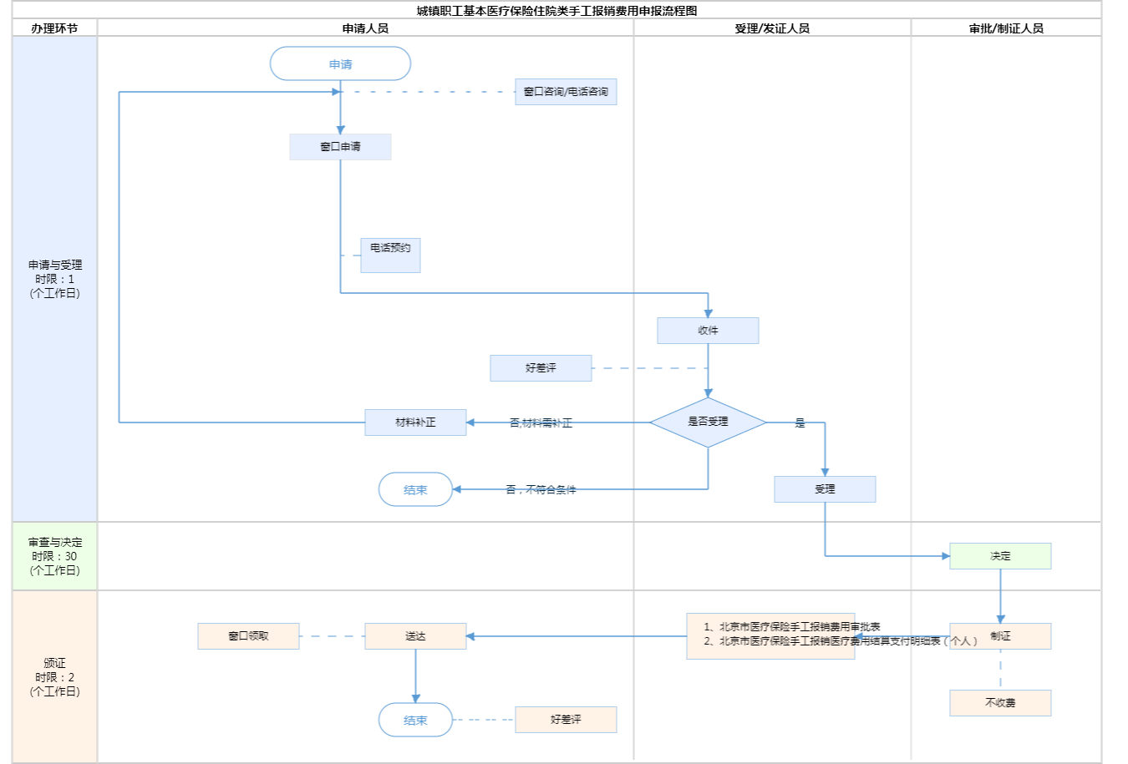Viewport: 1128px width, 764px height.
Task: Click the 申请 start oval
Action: point(340,63)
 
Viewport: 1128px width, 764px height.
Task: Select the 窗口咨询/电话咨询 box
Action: point(566,92)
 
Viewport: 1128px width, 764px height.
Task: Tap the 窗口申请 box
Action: point(340,147)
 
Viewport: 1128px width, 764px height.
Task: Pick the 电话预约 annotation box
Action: point(390,255)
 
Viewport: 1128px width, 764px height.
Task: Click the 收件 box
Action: point(708,331)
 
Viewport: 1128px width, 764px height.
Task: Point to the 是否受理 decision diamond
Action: point(708,422)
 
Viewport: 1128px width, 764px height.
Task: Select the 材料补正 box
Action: point(415,422)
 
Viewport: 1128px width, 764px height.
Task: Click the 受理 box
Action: point(825,489)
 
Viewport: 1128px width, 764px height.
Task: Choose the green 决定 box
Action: point(1000,556)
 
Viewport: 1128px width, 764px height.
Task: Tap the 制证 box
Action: point(1000,636)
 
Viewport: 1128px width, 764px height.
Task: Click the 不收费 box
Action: point(1000,703)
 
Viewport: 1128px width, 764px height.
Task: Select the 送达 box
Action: point(415,636)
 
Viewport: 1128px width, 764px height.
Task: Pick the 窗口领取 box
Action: point(248,636)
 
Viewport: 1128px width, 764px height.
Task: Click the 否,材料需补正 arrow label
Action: point(541,423)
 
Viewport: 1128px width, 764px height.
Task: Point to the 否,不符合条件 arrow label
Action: point(541,490)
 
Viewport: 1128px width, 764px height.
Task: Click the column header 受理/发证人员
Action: point(772,28)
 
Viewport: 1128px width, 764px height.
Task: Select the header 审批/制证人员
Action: point(1006,28)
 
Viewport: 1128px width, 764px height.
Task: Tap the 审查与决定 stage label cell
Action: point(54,556)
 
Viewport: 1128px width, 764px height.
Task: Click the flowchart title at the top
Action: point(556,11)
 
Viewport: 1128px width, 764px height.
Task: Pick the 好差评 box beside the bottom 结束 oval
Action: point(566,720)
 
